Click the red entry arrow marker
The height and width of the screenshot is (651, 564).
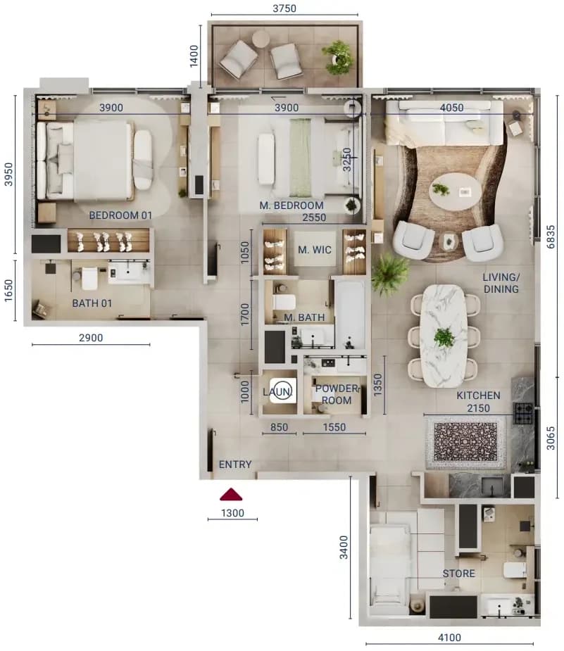pos(231,494)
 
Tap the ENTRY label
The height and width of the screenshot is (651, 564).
pos(235,464)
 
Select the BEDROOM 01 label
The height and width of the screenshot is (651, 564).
pos(120,215)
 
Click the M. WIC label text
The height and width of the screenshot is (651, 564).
pos(315,250)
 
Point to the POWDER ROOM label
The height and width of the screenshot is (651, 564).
pos(337,394)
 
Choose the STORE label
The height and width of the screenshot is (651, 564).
pos(458,574)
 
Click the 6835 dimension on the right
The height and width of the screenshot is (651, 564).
pos(551,236)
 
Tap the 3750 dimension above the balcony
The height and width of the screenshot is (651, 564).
pos(284,8)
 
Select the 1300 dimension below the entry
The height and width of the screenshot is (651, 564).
pos(232,513)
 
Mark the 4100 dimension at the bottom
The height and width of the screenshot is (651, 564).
pos(450,638)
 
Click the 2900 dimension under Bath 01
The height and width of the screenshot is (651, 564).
pos(91,338)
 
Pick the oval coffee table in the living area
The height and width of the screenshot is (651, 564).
pos(455,192)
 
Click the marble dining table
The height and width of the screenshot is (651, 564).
pos(443,336)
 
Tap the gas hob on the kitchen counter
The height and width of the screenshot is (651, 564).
pos(523,413)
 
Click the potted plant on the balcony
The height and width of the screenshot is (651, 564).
pos(339,57)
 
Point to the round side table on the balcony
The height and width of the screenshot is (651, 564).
pos(261,39)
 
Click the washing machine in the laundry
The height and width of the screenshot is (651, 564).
pos(283,391)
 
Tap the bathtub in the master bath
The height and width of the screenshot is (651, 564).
pos(350,315)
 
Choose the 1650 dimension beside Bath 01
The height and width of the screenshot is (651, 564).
pos(8,291)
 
